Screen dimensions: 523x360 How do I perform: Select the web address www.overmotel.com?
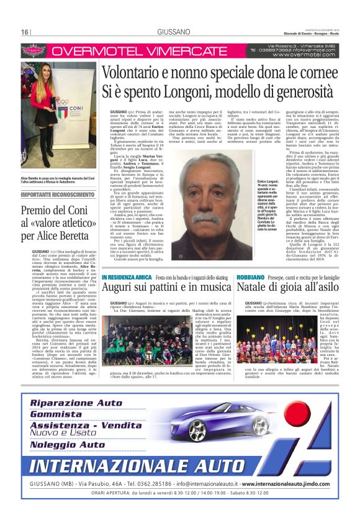click(302, 55)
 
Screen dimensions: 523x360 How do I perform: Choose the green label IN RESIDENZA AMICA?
click(126, 276)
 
